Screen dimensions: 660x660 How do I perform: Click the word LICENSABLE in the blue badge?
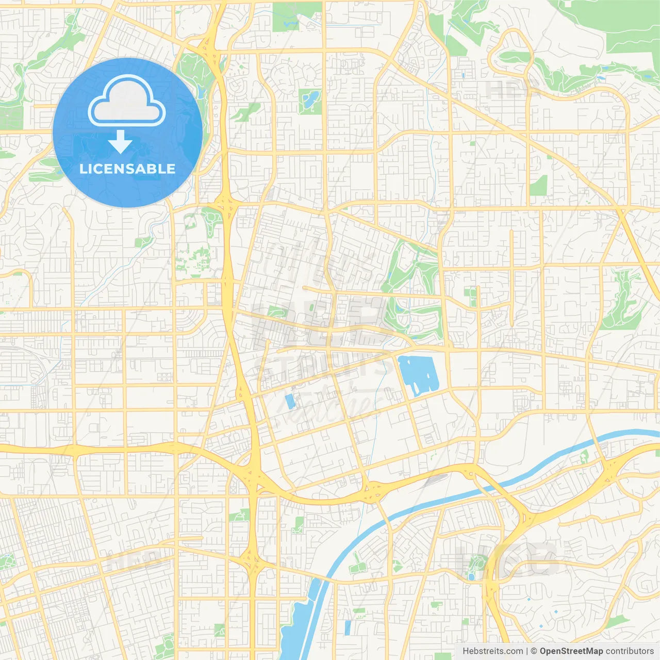pyautogui.click(x=127, y=169)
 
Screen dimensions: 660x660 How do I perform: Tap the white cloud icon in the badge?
pyautogui.click(x=127, y=102)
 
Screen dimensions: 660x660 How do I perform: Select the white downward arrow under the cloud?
pyautogui.click(x=120, y=142)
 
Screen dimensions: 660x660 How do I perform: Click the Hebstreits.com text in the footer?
pyautogui.click(x=492, y=651)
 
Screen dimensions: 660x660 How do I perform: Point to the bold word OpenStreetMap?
pyautogui.click(x=571, y=651)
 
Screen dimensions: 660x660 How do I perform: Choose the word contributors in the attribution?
pyautogui.click(x=630, y=651)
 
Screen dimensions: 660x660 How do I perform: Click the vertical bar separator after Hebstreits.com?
pyautogui.click(x=526, y=651)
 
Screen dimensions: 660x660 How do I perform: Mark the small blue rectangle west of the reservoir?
pyautogui.click(x=289, y=401)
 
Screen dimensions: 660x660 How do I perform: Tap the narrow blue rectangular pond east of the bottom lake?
pyautogui.click(x=347, y=627)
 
